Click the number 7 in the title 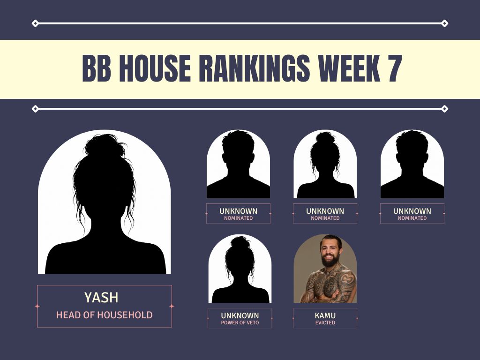(395, 68)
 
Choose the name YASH (101, 298)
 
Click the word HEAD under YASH (68, 315)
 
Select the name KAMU (325, 315)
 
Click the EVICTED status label (325, 322)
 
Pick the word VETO (253, 322)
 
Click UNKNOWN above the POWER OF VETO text (240, 315)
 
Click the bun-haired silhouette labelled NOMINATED (325, 165)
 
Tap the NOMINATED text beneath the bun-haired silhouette (325, 218)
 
